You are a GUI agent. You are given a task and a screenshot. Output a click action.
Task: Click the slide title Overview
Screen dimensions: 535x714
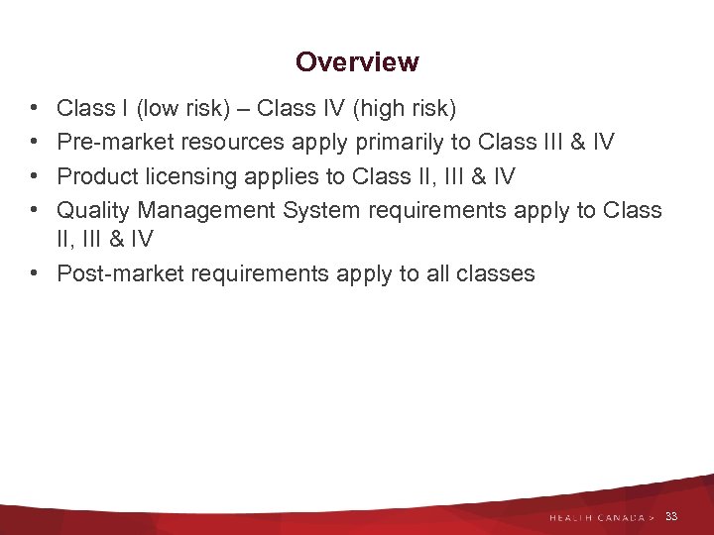pyautogui.click(x=357, y=62)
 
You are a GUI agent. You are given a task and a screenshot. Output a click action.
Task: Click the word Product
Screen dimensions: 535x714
pyautogui.click(x=95, y=177)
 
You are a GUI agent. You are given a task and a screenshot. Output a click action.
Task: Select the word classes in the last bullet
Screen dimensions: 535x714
pyautogui.click(x=495, y=274)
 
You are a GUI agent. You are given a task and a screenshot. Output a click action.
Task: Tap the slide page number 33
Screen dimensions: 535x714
pyautogui.click(x=671, y=517)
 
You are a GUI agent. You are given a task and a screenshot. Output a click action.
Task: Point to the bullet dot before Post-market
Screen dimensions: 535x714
pyautogui.click(x=35, y=274)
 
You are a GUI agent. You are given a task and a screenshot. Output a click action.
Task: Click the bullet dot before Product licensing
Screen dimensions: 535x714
pyautogui.click(x=35, y=177)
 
